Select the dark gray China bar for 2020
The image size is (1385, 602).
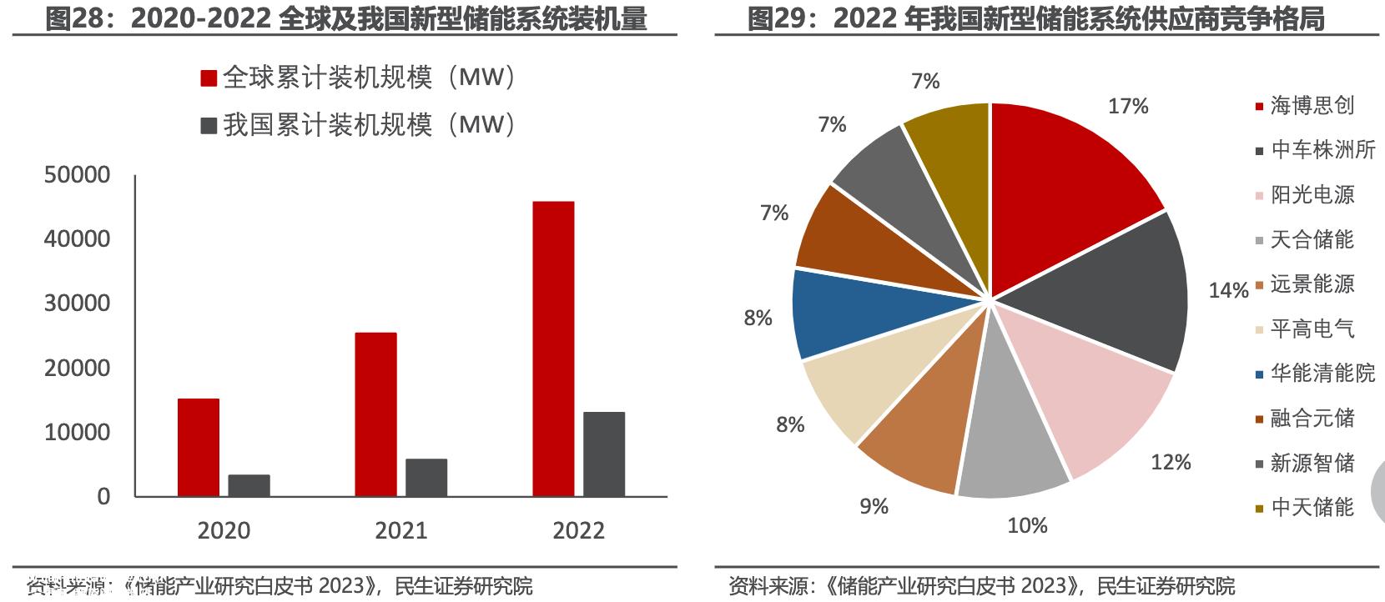coord(249,486)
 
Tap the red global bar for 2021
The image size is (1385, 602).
coord(375,414)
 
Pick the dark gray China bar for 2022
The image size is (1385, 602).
coord(603,454)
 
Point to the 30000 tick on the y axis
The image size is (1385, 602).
coord(77,304)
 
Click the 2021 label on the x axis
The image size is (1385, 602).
coord(400,530)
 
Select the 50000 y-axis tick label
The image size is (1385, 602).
coord(77,175)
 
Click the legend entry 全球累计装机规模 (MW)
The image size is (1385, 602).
coord(359,78)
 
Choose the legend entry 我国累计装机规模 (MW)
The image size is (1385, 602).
coord(359,125)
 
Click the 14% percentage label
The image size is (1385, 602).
coord(1228,290)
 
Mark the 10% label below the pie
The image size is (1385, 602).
coord(1027,525)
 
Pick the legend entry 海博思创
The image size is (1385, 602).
coord(1312,105)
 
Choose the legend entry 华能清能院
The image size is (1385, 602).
coord(1322,373)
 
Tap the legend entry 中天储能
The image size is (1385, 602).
coord(1312,507)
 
